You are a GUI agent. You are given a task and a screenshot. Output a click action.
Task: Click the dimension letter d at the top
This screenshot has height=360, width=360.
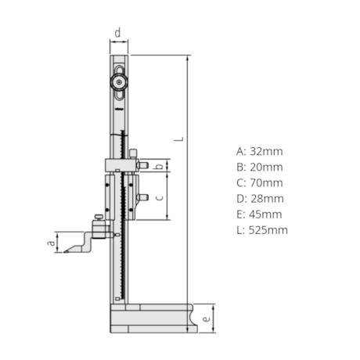[x=117, y=33]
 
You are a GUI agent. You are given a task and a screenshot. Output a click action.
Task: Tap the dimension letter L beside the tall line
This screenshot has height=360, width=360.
[x=179, y=139]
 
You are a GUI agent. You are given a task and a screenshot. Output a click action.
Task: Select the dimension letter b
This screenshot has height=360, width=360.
[x=160, y=167]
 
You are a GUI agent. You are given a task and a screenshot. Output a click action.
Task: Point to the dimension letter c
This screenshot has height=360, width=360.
[x=160, y=198]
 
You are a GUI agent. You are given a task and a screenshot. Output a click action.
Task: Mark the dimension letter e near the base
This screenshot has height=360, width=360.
[x=205, y=319]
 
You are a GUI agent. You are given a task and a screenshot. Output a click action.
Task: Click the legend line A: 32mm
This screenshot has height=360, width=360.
[x=259, y=151]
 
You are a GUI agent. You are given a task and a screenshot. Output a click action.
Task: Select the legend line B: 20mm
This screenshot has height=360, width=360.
[x=259, y=167]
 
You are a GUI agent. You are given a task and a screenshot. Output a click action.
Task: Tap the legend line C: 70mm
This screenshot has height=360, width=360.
[x=259, y=182]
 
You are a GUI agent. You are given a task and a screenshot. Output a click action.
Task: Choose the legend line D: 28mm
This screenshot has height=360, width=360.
[x=259, y=198]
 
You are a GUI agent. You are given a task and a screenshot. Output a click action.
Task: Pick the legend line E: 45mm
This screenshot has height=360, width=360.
[x=259, y=214]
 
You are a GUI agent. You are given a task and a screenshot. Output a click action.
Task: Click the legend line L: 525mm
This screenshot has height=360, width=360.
[x=261, y=229]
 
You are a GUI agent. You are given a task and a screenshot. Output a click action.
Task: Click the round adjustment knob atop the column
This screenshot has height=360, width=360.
[x=118, y=78]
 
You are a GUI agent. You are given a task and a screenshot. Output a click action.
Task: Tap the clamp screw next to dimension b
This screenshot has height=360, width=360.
[x=143, y=165]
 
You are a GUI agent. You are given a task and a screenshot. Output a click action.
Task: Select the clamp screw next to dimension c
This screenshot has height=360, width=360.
[x=142, y=197]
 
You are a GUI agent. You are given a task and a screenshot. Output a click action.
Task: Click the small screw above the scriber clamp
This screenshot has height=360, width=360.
[x=96, y=218]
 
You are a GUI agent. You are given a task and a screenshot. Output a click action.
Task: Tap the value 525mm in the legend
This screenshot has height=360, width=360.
[x=268, y=229]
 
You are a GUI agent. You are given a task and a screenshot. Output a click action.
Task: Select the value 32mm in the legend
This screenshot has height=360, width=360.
[x=265, y=151]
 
